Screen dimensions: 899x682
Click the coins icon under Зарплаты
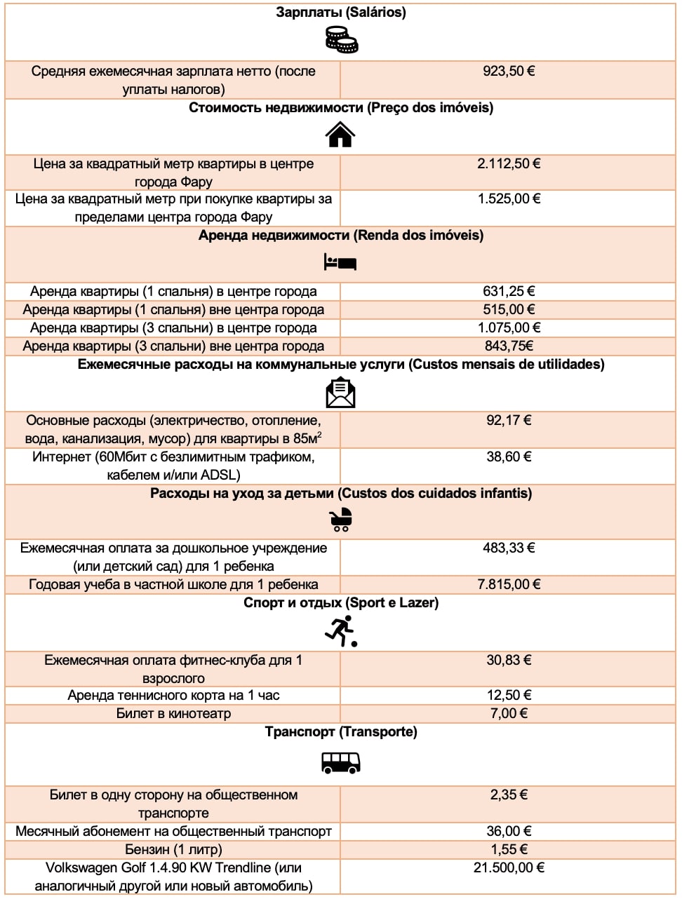tap(341, 40)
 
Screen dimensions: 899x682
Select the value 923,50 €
tap(509, 71)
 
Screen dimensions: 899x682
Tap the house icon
tap(341, 134)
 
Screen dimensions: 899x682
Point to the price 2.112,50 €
tap(509, 163)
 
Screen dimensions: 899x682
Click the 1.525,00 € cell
tap(509, 198)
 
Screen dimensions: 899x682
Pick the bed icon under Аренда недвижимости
tap(341, 262)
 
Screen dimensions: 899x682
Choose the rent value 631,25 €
tap(509, 291)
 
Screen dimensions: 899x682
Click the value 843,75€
tap(509, 346)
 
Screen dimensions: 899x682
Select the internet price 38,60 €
tap(509, 457)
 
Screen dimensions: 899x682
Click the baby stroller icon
tap(341, 520)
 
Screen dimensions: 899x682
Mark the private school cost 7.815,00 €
tap(509, 584)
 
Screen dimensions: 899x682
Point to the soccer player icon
tap(341, 630)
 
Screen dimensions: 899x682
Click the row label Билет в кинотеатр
tap(173, 713)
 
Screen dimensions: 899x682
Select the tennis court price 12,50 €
tap(509, 695)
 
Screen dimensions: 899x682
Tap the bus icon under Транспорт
tap(341, 762)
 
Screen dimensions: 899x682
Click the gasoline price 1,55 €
tap(509, 849)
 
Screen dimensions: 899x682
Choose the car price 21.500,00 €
tap(509, 867)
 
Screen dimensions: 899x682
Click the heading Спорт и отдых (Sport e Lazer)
tap(341, 602)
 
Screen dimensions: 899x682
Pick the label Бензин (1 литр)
tap(173, 849)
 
